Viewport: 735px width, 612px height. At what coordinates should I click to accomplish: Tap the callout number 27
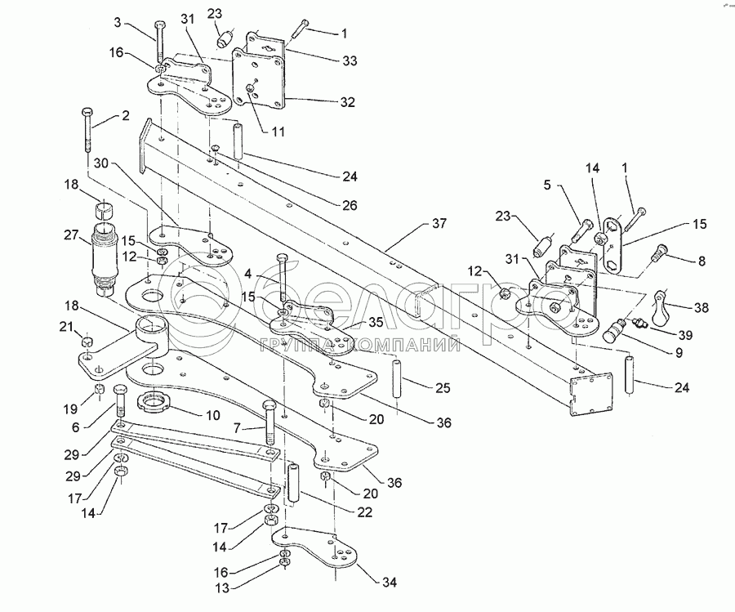[70, 236]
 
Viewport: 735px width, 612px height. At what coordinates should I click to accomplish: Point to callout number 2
[125, 116]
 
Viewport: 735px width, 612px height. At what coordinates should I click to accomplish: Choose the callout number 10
[212, 416]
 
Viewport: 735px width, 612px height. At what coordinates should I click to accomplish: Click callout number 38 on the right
[700, 309]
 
